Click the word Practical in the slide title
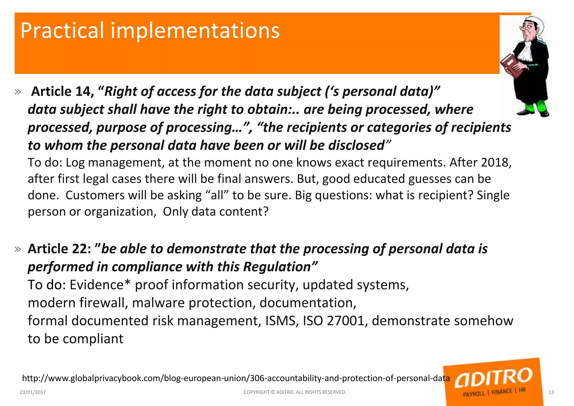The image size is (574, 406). point(62,31)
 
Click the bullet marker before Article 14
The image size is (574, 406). point(18,92)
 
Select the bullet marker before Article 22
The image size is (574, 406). point(18,249)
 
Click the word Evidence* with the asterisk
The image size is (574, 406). point(100,285)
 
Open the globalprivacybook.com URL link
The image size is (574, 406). point(236,378)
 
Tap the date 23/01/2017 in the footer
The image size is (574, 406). point(33,392)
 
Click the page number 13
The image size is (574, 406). point(551,392)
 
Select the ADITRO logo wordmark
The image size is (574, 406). point(493,377)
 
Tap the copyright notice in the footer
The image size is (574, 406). point(295,392)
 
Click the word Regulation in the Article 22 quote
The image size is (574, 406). point(277,267)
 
